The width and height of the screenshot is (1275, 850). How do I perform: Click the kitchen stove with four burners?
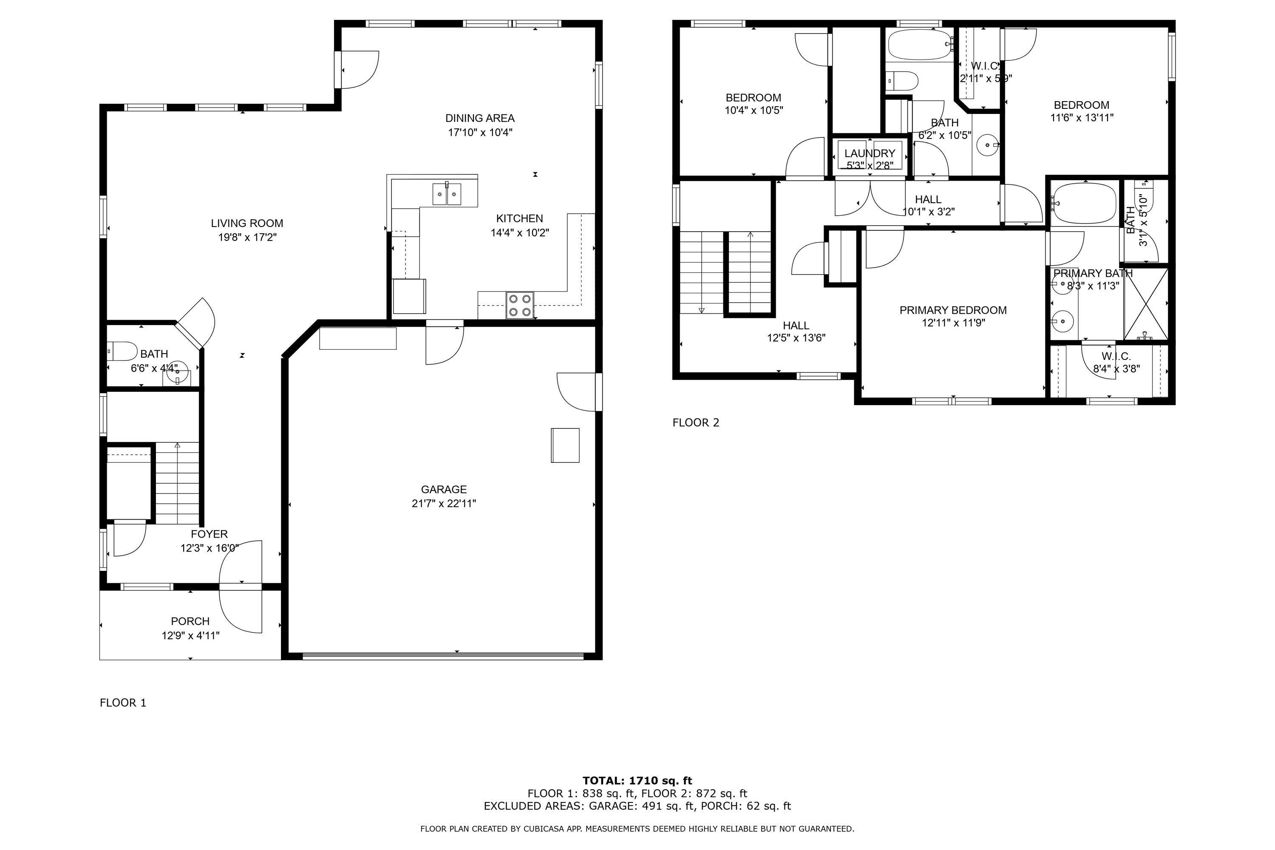(520, 305)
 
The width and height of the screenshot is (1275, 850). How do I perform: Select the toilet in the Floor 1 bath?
(122, 351)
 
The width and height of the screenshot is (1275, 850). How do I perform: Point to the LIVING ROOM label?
(247, 224)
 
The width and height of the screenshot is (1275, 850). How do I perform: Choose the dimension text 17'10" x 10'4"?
(480, 132)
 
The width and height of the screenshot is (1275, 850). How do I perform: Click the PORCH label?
(190, 621)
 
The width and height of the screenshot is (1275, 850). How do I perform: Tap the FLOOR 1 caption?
(123, 703)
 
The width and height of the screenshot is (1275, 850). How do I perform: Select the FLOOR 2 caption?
(696, 423)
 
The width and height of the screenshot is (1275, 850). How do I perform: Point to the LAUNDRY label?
(870, 153)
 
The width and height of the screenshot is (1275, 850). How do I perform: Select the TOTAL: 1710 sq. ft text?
(637, 781)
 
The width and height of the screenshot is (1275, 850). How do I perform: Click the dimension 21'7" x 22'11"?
(444, 504)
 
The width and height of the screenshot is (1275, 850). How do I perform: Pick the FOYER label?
(209, 535)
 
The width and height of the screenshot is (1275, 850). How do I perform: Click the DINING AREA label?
(480, 118)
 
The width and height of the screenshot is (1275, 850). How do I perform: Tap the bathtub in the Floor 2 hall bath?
(920, 45)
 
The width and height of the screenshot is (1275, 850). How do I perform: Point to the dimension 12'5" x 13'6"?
(796, 338)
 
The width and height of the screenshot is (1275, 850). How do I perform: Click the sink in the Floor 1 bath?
(177, 374)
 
